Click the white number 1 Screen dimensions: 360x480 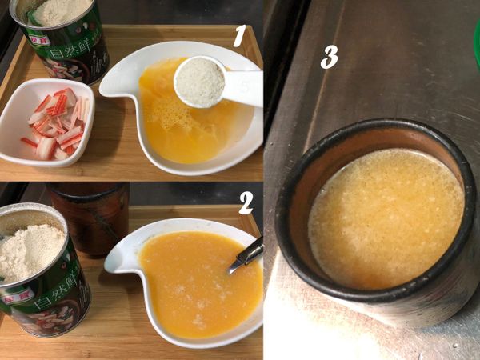tap(238, 37)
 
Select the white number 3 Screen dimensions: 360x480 tap(329, 56)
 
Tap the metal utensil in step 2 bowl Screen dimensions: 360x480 tap(246, 256)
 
